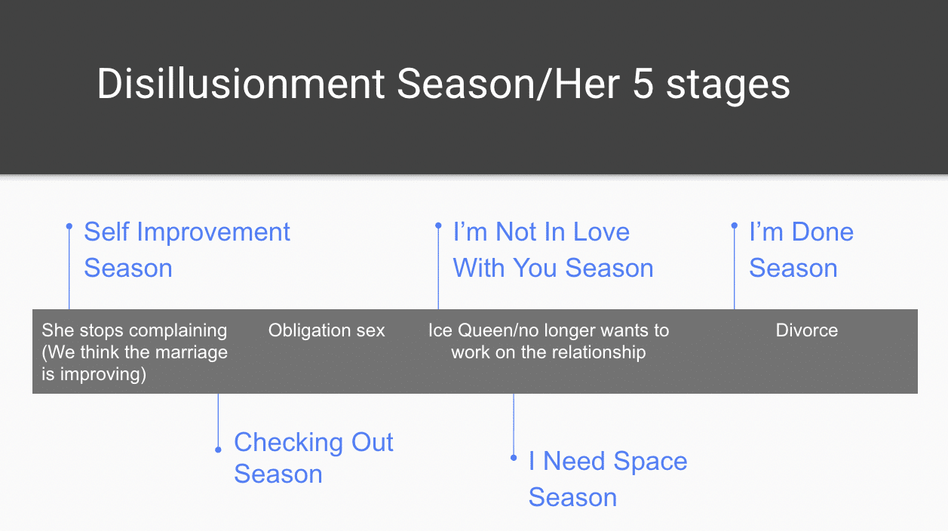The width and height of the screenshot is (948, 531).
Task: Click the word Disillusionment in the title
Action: [241, 84]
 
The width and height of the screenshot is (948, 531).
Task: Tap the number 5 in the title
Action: [643, 84]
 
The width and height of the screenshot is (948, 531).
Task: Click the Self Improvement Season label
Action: [186, 250]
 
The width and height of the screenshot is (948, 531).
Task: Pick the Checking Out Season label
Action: [313, 458]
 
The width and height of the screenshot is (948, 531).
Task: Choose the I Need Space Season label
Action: [607, 479]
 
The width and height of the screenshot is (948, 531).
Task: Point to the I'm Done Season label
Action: [800, 250]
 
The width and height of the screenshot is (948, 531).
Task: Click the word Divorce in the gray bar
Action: [806, 330]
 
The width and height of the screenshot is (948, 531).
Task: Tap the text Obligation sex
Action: [327, 330]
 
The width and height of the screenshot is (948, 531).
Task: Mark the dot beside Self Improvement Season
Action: [69, 226]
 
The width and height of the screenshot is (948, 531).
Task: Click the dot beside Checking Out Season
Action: [218, 450]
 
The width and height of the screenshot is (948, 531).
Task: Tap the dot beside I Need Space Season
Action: [514, 457]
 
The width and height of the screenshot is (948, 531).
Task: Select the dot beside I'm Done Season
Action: [734, 226]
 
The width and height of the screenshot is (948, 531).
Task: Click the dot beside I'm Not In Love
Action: [438, 226]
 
